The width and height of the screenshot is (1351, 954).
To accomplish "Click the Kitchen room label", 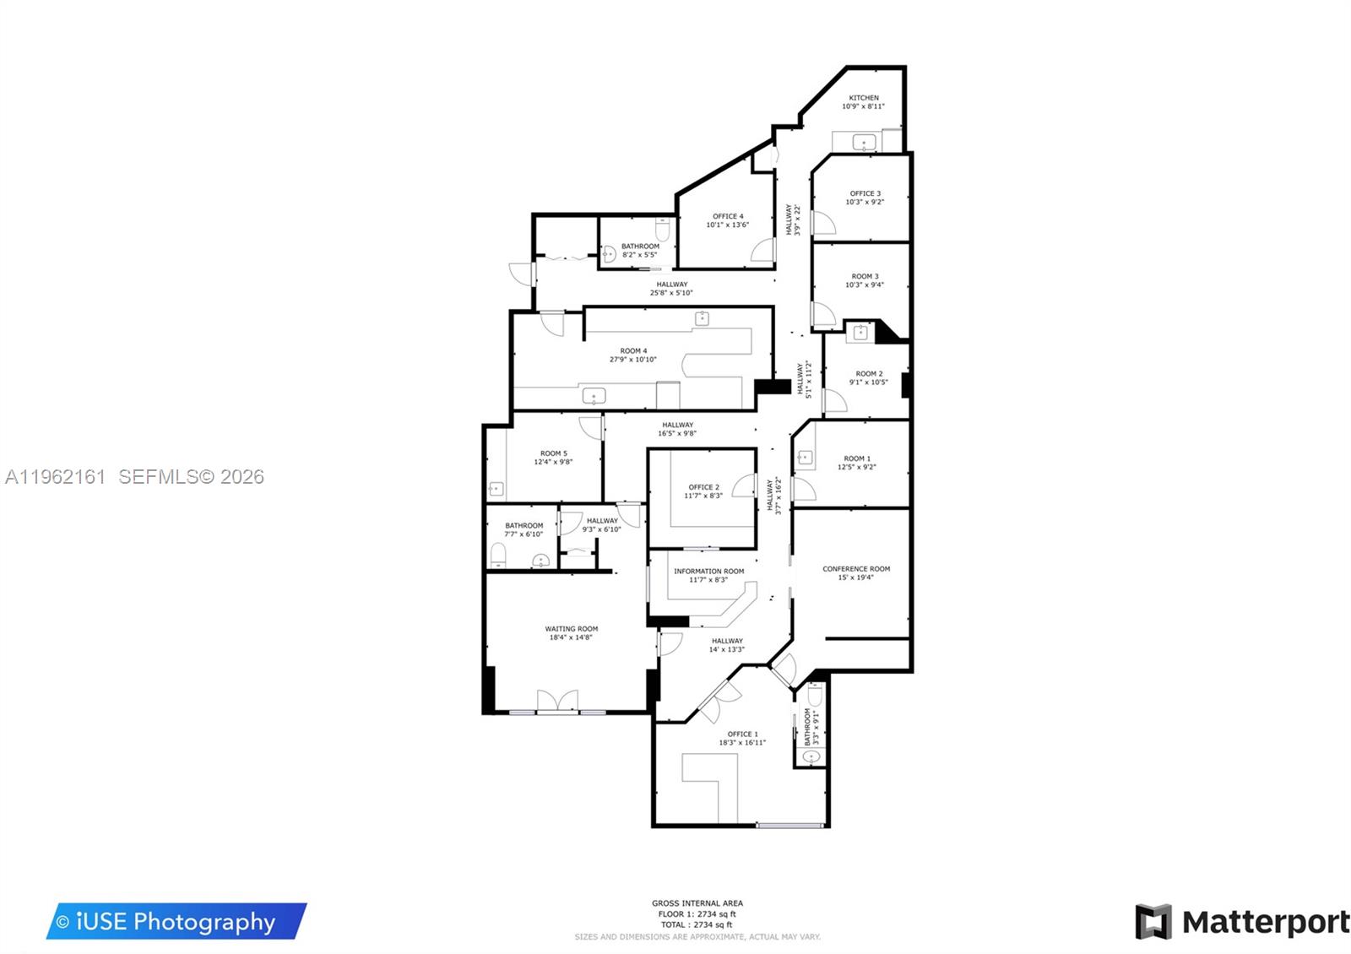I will click(x=863, y=98).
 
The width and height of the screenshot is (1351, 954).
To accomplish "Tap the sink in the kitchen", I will click(x=863, y=143).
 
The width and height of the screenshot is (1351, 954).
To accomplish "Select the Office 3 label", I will click(x=865, y=193).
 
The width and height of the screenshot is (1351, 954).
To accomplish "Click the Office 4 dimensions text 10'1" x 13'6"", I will click(x=727, y=225).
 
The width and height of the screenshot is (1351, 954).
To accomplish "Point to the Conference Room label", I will click(x=856, y=569).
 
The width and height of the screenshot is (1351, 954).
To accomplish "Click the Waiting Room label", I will click(x=571, y=629).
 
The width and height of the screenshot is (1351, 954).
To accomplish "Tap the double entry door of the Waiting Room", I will click(x=557, y=701).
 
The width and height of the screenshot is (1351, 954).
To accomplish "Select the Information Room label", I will click(x=708, y=572).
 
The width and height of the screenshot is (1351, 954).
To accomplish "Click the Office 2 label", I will click(x=703, y=487).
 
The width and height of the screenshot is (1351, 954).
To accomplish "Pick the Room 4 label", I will click(x=633, y=351).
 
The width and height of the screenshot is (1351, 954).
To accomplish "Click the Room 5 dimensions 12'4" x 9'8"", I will click(x=553, y=463).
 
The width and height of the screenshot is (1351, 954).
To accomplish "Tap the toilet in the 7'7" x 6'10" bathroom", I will click(x=499, y=556).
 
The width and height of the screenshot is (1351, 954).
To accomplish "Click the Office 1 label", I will click(x=742, y=734).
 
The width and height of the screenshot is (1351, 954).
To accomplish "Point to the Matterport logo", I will click(x=1242, y=922).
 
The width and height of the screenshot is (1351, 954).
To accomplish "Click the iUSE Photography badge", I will click(x=176, y=921).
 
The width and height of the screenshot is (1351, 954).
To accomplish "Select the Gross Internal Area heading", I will click(x=697, y=903).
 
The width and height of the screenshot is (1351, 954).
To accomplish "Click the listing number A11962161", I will click(x=55, y=477).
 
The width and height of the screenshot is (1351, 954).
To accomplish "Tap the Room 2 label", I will click(x=869, y=374).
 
